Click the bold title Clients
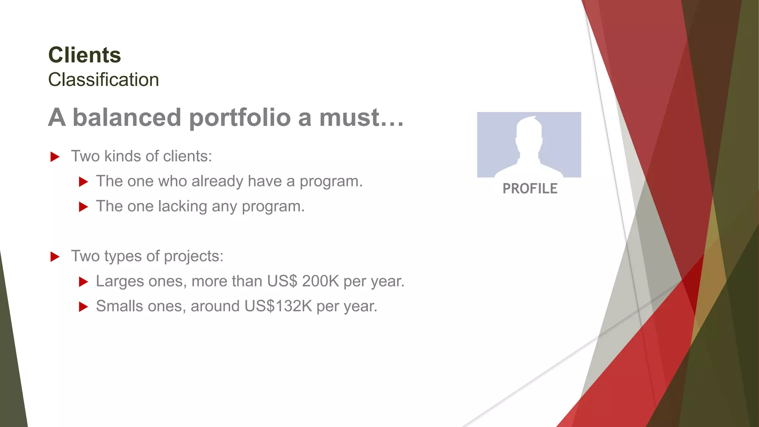click(x=84, y=55)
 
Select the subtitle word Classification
click(x=103, y=80)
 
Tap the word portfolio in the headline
click(x=240, y=118)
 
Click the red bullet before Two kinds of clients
click(x=55, y=157)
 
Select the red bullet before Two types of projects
click(x=55, y=256)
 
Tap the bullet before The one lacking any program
click(x=83, y=207)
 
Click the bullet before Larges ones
click(x=83, y=282)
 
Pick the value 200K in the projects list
click(x=320, y=281)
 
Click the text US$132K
click(x=278, y=306)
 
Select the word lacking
click(x=182, y=206)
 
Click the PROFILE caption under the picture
click(x=530, y=189)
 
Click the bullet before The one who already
click(x=83, y=182)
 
